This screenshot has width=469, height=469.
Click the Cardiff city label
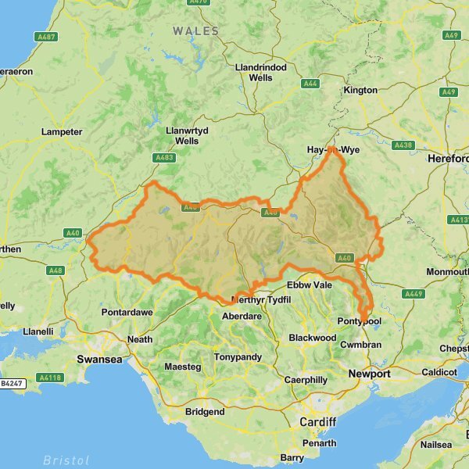coord(317,422)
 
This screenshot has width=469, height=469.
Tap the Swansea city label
coord(98,359)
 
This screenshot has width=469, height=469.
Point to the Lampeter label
coord(62,132)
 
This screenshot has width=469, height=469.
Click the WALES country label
coord(196,30)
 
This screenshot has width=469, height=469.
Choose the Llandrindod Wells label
coord(261,73)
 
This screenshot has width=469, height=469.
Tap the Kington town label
coord(360,91)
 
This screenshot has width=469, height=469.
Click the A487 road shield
coord(47,36)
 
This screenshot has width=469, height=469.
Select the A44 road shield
coord(311,83)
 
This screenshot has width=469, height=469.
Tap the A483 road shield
coord(165,157)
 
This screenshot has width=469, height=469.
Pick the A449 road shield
coord(412,294)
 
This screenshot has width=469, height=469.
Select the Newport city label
coord(370,374)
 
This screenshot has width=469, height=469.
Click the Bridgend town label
coord(205,412)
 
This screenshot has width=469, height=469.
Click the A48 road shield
coord(55,270)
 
